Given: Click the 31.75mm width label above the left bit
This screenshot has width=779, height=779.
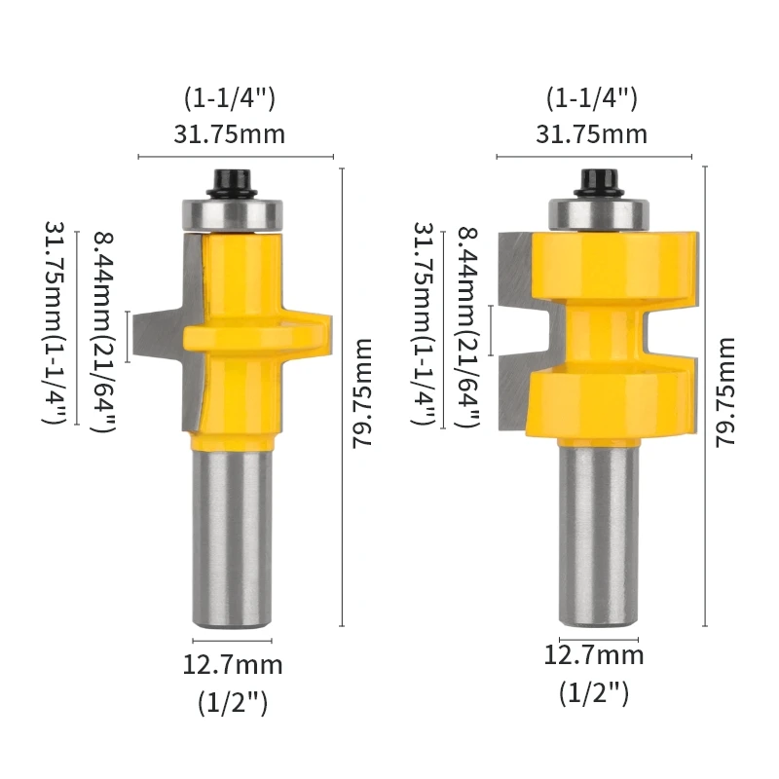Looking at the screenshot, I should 230,133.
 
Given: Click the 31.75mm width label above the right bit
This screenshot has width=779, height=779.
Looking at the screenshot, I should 591,133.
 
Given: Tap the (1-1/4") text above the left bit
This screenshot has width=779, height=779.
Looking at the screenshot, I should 230,98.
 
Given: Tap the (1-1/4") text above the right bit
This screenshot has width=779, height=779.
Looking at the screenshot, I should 591,98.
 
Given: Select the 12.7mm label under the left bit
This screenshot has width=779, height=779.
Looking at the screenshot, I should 233,666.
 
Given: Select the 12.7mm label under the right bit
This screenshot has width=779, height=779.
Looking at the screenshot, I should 594,655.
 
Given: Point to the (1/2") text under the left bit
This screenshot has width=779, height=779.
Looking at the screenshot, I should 233,700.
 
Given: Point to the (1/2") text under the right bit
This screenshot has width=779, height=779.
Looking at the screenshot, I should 594,692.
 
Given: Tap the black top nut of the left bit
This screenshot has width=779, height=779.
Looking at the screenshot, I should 231,182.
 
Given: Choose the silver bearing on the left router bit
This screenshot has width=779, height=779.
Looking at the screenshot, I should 231,213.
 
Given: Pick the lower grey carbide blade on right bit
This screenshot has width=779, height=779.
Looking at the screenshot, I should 513,394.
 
